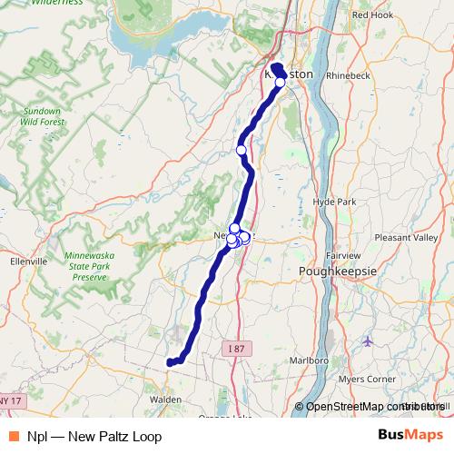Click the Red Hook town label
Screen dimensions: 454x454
point(372,15)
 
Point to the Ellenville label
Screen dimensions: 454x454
point(27,261)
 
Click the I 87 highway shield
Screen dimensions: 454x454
point(234,348)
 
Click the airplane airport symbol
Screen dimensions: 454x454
point(367,341)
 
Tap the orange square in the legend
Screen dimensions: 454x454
point(15,436)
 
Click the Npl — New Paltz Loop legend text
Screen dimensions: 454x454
point(94,436)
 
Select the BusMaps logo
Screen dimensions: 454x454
point(410,436)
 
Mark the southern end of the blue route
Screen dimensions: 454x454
point(170,363)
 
